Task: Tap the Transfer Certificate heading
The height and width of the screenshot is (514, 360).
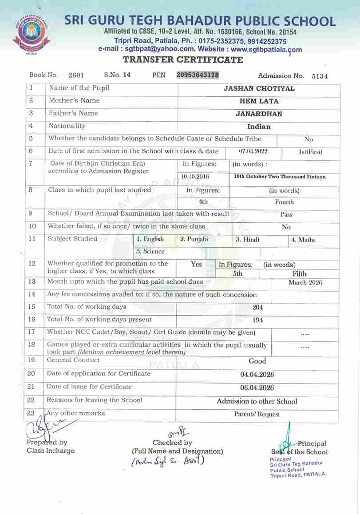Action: (x=183, y=60)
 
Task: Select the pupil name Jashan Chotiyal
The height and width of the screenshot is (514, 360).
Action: (x=259, y=89)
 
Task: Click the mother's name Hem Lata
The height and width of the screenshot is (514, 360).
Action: (x=259, y=101)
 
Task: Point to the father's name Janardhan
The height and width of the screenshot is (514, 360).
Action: (x=259, y=114)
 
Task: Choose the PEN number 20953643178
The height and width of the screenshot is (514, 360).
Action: (x=198, y=75)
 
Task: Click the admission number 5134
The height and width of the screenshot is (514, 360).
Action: (x=320, y=76)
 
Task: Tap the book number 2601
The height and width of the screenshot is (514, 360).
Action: (x=76, y=75)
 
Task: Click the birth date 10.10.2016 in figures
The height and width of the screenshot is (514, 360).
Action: (x=195, y=177)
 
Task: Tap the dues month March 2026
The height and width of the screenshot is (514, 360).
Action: (x=305, y=283)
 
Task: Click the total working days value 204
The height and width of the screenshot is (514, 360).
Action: (x=257, y=307)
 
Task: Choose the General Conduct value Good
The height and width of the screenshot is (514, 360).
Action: (x=257, y=361)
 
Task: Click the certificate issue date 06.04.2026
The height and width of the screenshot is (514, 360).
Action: (x=257, y=388)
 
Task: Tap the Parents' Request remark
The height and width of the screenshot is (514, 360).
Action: (x=257, y=415)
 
